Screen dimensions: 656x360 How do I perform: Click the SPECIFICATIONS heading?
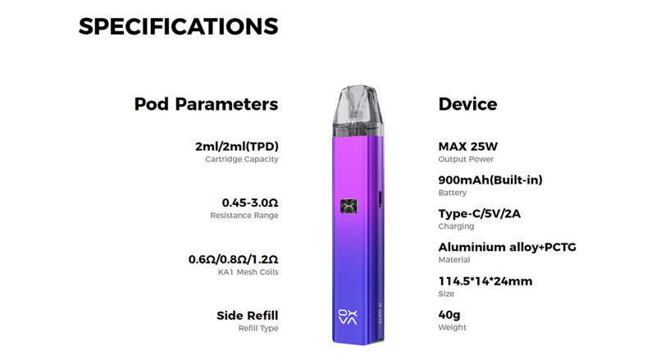[178, 26]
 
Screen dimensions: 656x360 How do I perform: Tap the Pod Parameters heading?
[206, 104]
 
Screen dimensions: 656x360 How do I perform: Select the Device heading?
[467, 104]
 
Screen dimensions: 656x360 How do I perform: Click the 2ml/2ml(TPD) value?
[237, 147]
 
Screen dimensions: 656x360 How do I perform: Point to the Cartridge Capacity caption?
[242, 159]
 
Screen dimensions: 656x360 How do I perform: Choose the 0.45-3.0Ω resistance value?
[250, 203]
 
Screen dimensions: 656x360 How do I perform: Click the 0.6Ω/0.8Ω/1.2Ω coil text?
[234, 259]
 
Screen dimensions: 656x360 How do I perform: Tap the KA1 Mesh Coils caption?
[248, 272]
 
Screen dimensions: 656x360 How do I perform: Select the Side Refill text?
[248, 315]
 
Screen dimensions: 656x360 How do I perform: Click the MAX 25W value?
[467, 147]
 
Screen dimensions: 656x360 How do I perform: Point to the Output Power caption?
[466, 159]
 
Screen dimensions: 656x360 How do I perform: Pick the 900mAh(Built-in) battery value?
[490, 180]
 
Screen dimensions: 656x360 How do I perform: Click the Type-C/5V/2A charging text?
[480, 213]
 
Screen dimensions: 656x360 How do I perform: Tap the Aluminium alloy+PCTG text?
[507, 247]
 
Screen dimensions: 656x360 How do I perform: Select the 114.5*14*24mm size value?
[485, 281]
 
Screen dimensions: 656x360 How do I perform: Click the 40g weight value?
[449, 315]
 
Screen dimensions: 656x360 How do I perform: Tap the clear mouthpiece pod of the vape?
[358, 111]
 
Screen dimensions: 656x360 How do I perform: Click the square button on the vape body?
[349, 206]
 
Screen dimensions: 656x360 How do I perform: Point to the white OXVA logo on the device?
[348, 317]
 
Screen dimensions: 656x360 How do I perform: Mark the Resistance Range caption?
[244, 215]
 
